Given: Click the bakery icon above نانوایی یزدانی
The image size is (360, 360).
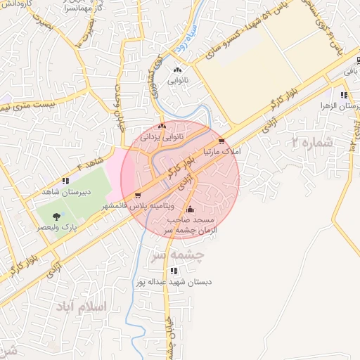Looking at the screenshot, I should pos(162,127).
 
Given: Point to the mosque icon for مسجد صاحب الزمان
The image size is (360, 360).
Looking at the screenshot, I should pos(189,209).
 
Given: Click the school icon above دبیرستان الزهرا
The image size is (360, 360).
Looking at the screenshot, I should pos(344,95).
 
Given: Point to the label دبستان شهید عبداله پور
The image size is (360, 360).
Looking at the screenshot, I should pos(174,282).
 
